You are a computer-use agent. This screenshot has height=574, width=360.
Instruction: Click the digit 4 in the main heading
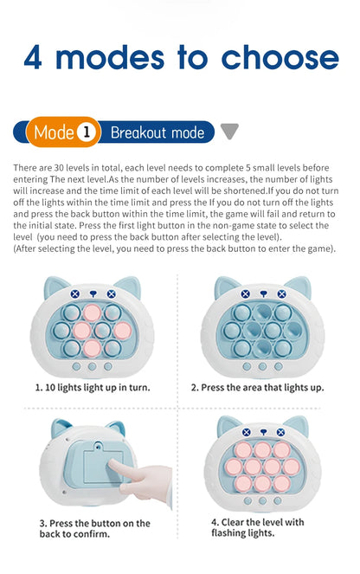click(35, 56)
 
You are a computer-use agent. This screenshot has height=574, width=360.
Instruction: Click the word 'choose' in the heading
click(279, 56)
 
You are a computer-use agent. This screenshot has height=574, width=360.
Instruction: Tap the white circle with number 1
click(86, 132)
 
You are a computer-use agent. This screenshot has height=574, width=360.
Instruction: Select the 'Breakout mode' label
click(157, 132)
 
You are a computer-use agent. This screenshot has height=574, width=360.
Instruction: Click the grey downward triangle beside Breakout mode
click(229, 132)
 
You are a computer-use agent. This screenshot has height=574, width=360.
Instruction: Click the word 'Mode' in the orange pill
click(55, 132)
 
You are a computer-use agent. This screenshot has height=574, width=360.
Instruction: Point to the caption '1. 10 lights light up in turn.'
click(93, 387)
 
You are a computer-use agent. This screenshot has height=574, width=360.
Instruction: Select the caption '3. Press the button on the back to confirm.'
click(94, 528)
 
